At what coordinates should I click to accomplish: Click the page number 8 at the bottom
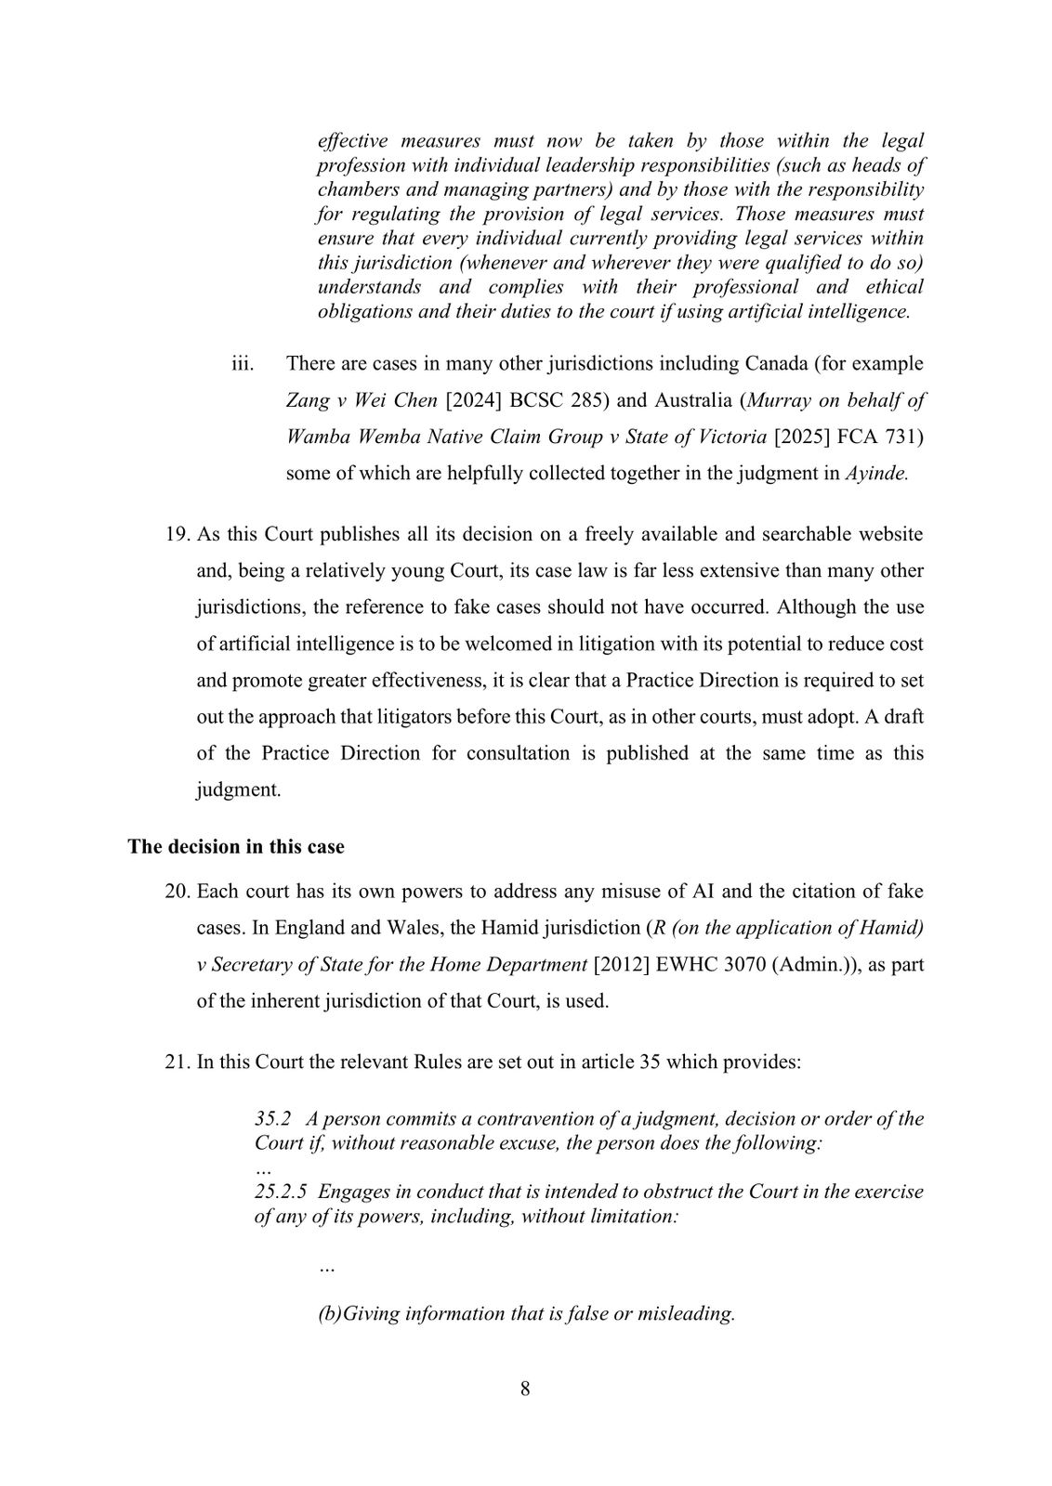(x=525, y=1389)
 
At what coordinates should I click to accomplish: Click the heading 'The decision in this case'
(x=236, y=847)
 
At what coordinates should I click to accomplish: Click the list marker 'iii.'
(x=243, y=363)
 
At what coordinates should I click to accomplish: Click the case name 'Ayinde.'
(x=876, y=474)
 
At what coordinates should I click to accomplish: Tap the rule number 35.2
(x=273, y=1118)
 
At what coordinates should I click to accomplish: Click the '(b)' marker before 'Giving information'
(x=330, y=1314)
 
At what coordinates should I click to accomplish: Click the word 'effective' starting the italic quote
(x=351, y=141)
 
